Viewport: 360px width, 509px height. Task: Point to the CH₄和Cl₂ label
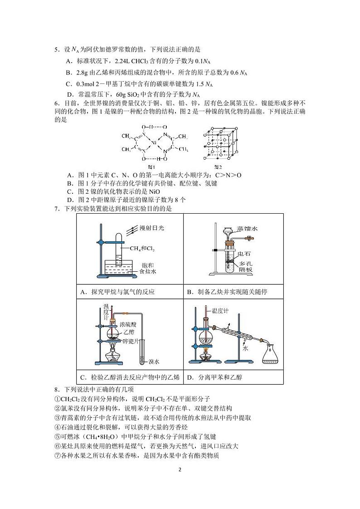[x=141, y=248]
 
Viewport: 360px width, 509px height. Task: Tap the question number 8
[x=56, y=389]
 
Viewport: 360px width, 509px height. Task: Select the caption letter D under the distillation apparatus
[x=190, y=377]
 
